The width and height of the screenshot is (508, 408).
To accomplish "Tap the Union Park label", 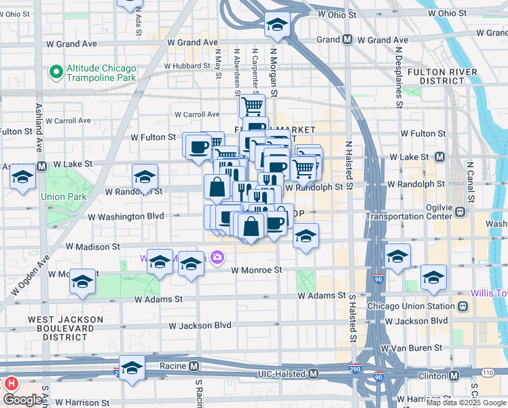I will [63, 197].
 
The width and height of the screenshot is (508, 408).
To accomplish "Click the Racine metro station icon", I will [195, 367].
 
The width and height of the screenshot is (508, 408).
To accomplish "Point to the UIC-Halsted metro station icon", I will [313, 374].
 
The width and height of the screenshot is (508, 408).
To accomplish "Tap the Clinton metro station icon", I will [453, 375].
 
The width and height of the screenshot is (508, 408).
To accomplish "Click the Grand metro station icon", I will [347, 39].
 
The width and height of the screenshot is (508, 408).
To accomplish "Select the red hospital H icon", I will [11, 384].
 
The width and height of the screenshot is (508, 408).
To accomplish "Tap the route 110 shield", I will [487, 372].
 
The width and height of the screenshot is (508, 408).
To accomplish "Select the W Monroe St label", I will [256, 270].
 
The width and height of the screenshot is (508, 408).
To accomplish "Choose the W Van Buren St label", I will [411, 347].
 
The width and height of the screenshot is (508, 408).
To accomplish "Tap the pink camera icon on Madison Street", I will [217, 257].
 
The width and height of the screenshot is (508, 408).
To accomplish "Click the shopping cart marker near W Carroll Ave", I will [252, 105].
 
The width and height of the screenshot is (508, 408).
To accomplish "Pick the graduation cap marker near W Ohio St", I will [276, 26].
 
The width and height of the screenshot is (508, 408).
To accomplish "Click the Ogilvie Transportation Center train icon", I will [460, 211].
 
